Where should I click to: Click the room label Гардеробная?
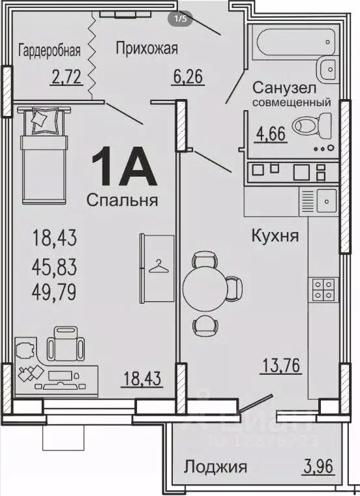click(50, 50)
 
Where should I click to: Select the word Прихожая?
click(147, 48)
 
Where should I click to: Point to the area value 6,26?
click(188, 79)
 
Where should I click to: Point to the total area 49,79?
click(54, 291)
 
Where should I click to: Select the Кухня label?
click(275, 235)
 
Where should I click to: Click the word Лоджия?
click(215, 467)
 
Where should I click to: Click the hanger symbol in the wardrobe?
click(157, 265)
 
